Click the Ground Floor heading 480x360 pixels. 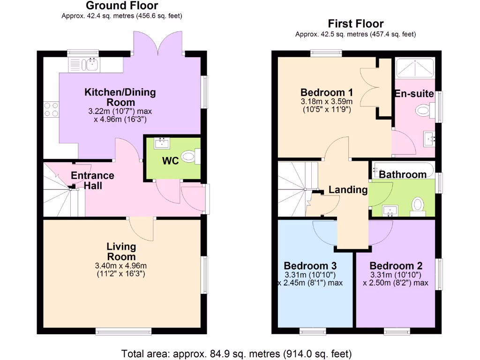coord(122,6)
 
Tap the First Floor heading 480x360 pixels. coord(355,23)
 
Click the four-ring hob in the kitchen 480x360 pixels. coord(51,110)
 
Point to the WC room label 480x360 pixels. coord(170,161)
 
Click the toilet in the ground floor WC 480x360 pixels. coord(189,157)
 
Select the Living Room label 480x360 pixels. coord(121,251)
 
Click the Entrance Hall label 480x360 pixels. coord(92,180)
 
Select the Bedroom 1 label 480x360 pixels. coord(326,92)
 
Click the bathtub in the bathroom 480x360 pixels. coord(404,169)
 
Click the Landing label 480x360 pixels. coord(347,190)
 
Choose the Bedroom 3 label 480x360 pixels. coord(310,265)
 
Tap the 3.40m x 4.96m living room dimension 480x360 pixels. coord(121,266)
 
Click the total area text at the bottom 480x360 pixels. coord(236,353)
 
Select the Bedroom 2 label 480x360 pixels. coord(396,265)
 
